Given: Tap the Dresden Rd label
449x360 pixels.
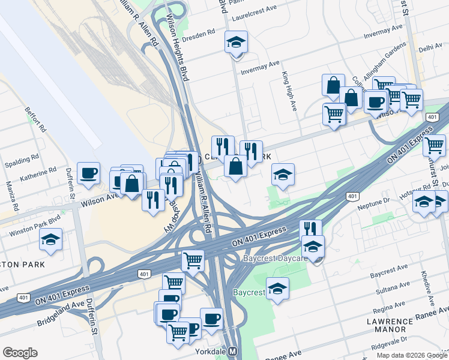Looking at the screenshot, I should pos(202,34).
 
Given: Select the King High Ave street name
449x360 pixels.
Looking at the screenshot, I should pos(290,91).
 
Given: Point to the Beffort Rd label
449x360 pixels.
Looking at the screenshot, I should pos(35,119).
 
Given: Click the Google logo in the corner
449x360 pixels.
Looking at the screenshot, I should pos(20,353).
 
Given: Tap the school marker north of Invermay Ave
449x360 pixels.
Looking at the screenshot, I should pos(236,43).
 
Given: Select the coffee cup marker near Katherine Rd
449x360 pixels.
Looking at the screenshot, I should pos(88,173).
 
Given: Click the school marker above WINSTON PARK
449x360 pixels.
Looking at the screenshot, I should pos(51,240).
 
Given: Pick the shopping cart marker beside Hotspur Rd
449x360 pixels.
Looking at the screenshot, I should pos(434,144).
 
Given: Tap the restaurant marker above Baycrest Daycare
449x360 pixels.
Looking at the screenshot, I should pos(310,229).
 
